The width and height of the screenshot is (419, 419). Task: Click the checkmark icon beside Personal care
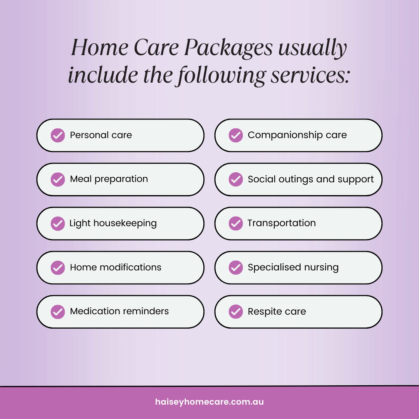[x=58, y=135]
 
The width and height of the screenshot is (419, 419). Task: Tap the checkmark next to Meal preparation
[x=58, y=179]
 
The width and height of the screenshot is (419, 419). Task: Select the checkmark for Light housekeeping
[x=58, y=223]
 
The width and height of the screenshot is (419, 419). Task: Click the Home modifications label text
[x=116, y=267]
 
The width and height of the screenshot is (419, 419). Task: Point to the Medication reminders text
[x=119, y=311]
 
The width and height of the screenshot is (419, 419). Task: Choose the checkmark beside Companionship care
[x=235, y=135]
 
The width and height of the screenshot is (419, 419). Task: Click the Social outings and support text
[x=311, y=179]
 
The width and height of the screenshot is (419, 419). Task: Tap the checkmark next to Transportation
[x=235, y=223]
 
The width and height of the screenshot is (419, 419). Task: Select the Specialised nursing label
[x=293, y=267]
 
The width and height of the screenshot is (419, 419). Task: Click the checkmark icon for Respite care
[x=235, y=312]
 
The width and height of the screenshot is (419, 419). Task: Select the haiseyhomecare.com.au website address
[x=209, y=402]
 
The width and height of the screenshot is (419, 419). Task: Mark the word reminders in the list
[x=145, y=311]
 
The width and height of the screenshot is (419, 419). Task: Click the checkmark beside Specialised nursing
[x=235, y=267]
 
